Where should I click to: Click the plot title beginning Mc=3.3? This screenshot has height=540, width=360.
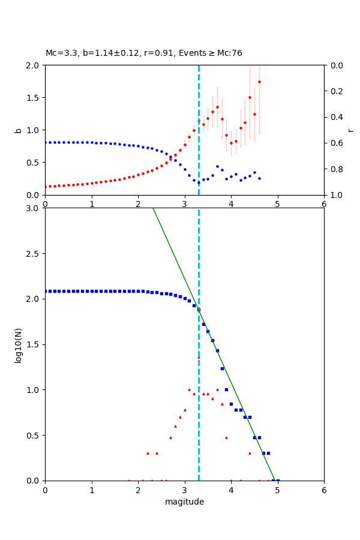point(144,53)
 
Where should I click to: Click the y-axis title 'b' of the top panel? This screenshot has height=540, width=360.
point(18,130)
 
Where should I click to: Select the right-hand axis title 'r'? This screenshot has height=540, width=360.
point(350,130)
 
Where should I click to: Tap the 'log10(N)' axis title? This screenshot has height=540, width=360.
point(18,344)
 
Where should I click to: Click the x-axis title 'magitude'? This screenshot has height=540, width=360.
point(184,502)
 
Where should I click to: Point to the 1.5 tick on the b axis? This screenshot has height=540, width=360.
point(35,98)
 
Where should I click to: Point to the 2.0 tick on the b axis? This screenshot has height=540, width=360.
point(35,65)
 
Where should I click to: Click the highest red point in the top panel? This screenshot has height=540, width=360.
point(259,82)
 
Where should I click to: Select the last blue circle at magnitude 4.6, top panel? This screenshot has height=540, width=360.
point(259,178)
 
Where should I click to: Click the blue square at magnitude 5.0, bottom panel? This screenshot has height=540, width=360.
point(278,481)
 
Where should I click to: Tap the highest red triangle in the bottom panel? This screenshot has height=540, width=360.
point(199,358)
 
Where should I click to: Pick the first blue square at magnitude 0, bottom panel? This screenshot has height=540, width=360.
point(46,291)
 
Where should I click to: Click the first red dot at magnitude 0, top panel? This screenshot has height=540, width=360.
point(46,187)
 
